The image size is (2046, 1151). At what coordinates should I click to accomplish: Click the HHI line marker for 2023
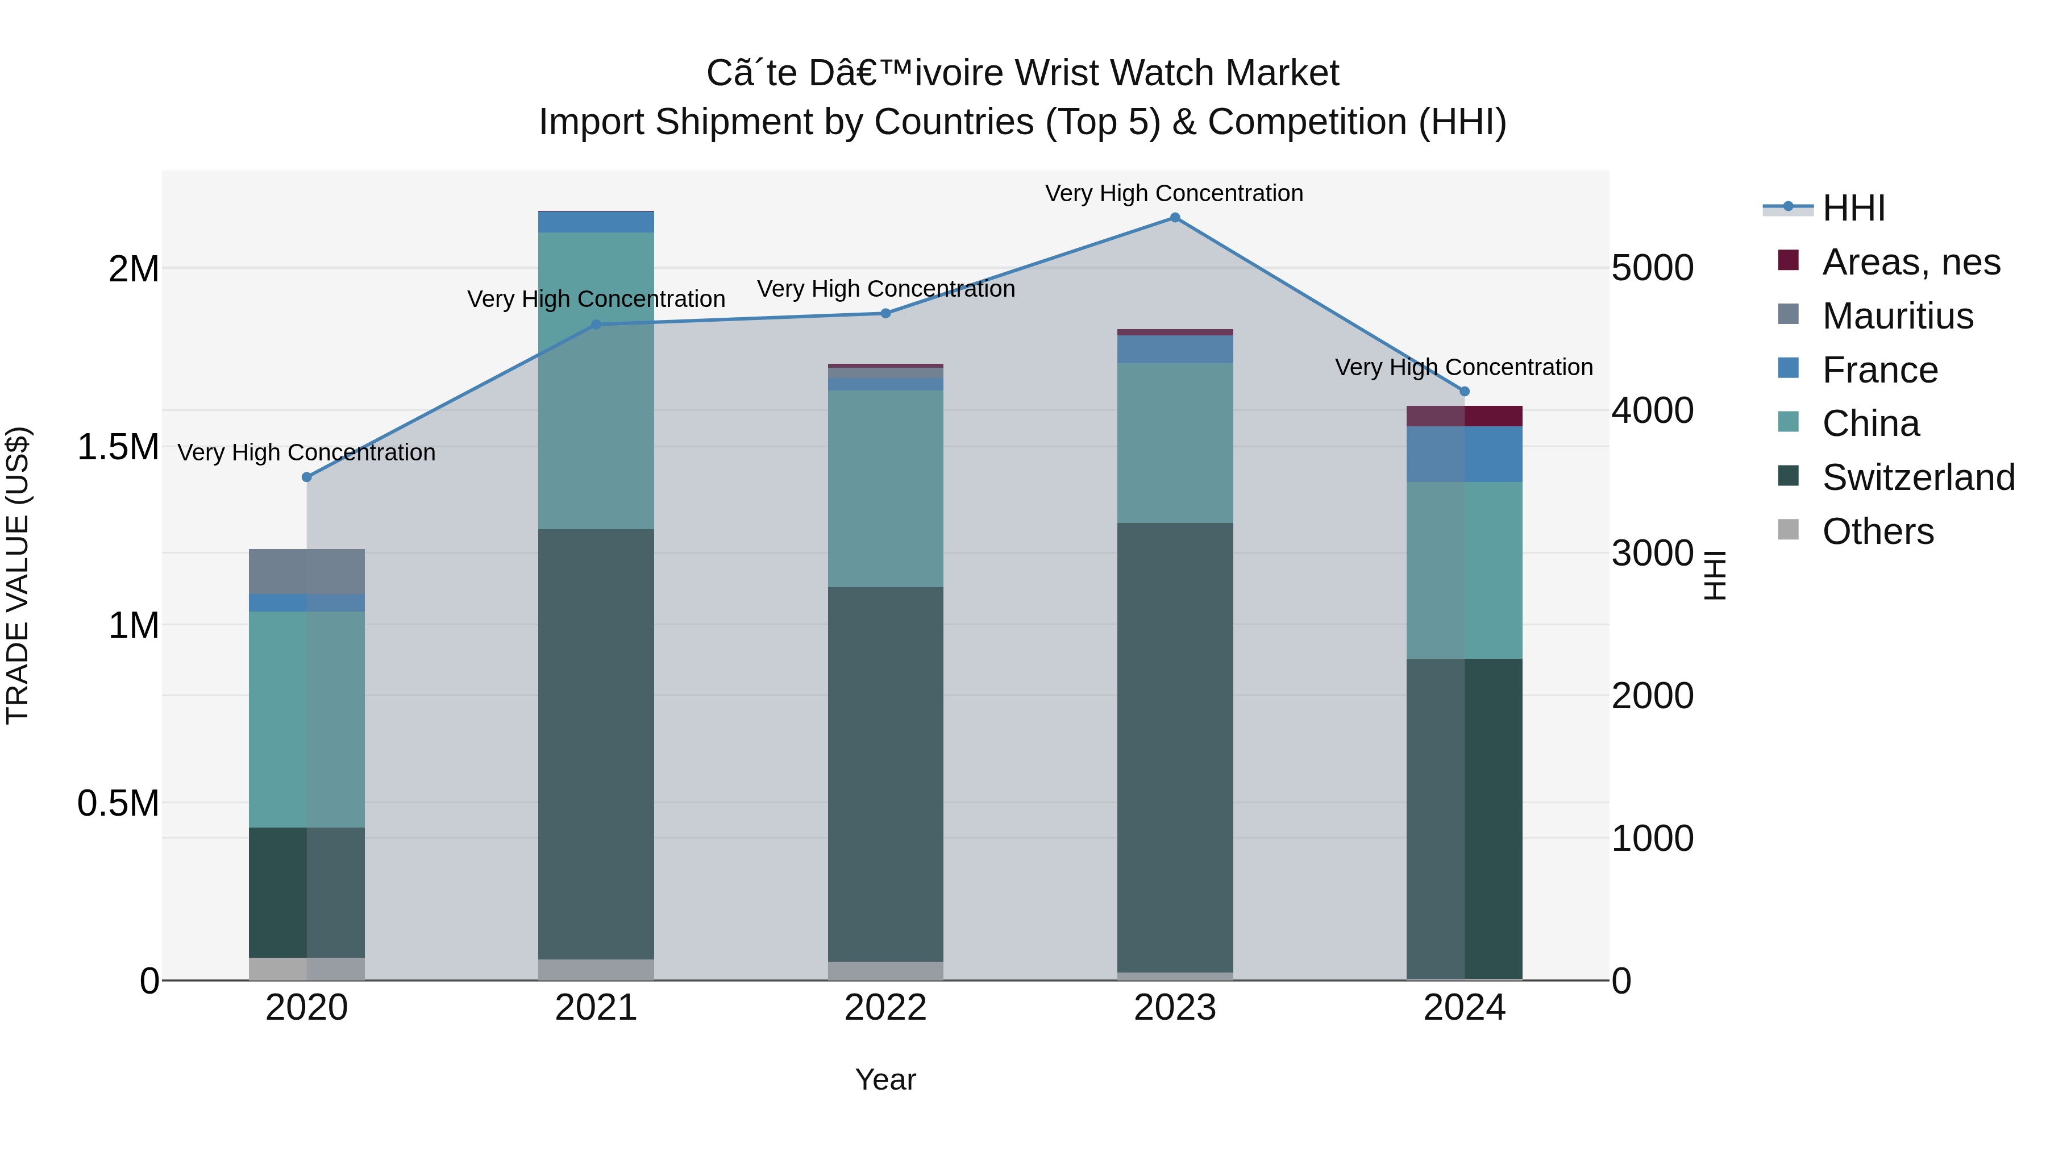pos(1175,218)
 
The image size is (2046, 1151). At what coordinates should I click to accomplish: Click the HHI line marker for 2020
pos(306,477)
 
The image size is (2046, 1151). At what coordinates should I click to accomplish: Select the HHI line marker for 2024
pos(1465,392)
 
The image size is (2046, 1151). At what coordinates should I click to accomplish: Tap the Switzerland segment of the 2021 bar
pos(596,743)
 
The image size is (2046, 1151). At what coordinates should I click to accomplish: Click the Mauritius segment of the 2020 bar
pos(306,571)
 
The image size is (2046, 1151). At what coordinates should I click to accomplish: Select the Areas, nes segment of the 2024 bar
pos(1465,416)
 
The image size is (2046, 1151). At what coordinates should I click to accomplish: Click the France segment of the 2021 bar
pos(596,222)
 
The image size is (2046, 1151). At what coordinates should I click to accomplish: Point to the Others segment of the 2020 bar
pos(306,969)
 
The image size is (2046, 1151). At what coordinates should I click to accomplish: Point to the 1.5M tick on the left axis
pos(118,447)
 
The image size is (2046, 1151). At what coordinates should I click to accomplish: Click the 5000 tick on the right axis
pos(1652,268)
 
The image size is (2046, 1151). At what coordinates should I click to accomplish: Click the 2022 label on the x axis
pos(885,1008)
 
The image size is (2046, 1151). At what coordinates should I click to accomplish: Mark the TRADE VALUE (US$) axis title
pos(18,575)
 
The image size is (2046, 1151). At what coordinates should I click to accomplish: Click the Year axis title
pos(885,1079)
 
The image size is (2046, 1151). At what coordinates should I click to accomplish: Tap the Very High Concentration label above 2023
pos(1174,193)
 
